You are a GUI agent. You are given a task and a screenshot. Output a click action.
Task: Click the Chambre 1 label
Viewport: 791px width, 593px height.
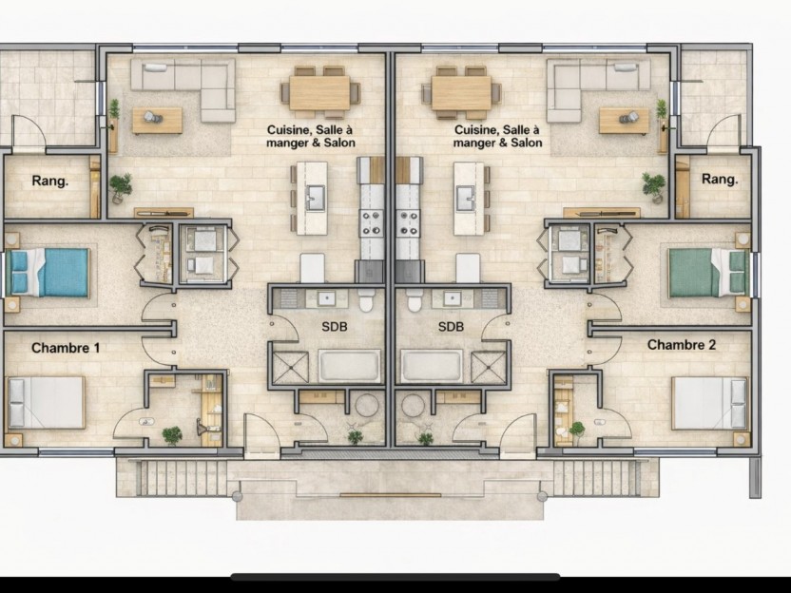(x=66, y=348)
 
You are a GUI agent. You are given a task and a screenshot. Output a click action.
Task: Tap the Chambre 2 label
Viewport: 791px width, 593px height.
(x=681, y=345)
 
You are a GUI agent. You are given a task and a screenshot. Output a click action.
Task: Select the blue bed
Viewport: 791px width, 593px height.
(x=49, y=273)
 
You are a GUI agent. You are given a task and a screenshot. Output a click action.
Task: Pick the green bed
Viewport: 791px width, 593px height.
(x=707, y=273)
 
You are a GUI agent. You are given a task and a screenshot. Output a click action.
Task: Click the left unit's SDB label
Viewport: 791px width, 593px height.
(x=335, y=327)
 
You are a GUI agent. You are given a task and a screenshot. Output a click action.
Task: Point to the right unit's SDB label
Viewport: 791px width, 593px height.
(x=451, y=327)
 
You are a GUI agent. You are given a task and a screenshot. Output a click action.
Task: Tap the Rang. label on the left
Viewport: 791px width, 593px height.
(x=50, y=181)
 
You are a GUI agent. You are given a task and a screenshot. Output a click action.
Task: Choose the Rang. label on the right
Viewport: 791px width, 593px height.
(x=720, y=179)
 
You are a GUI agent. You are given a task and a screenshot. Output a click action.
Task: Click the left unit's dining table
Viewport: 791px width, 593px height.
(x=319, y=93)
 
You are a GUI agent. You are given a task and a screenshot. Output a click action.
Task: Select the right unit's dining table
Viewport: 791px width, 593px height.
(x=461, y=93)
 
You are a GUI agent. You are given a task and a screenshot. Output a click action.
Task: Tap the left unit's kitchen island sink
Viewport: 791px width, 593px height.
(x=317, y=198)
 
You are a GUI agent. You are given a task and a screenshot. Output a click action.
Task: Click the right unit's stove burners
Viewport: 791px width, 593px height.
(x=408, y=223)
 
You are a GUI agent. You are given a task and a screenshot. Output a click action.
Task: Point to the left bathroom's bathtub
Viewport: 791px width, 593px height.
(x=349, y=366)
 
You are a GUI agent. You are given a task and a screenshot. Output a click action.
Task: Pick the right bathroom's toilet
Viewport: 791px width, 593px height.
(x=415, y=300)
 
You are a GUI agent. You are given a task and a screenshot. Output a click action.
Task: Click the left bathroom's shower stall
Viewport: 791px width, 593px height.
(x=290, y=368)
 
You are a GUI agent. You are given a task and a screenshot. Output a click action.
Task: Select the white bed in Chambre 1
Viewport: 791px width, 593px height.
(x=46, y=402)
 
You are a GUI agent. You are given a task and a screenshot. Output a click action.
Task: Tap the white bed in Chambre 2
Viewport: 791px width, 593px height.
(x=710, y=403)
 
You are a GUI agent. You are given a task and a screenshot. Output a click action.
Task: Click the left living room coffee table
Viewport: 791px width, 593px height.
(x=157, y=121)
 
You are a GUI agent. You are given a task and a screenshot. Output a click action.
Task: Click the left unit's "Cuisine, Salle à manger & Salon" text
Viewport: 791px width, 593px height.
(x=311, y=137)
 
